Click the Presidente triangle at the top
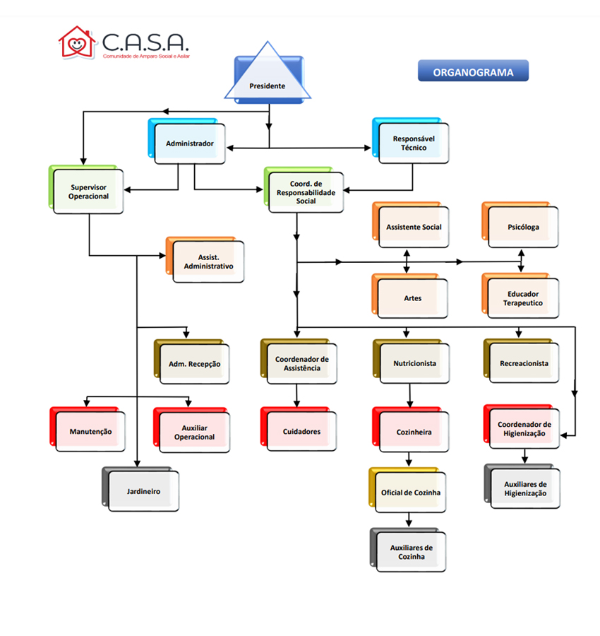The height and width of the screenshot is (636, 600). tap(268, 78)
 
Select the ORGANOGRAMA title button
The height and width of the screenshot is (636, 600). tap(473, 71)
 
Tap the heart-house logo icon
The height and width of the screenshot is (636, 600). tap(76, 42)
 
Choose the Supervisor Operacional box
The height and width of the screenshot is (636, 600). tap(89, 192)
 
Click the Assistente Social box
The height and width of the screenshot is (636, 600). tap(414, 227)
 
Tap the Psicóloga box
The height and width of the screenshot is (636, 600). tap(523, 227)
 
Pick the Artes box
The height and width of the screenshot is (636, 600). tap(413, 298)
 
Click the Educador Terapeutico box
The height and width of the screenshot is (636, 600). tap(523, 298)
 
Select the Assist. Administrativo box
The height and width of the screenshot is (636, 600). tap(208, 262)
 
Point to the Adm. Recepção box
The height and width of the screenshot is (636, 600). tap(194, 364)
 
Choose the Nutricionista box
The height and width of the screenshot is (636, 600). tap(414, 363)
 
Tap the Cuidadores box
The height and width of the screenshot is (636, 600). tap(301, 431)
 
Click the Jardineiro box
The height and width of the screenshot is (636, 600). tap(143, 490)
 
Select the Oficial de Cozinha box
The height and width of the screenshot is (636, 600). tap(411, 492)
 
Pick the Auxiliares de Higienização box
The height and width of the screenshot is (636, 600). tap(525, 488)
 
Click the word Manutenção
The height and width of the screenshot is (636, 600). tap(90, 431)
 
